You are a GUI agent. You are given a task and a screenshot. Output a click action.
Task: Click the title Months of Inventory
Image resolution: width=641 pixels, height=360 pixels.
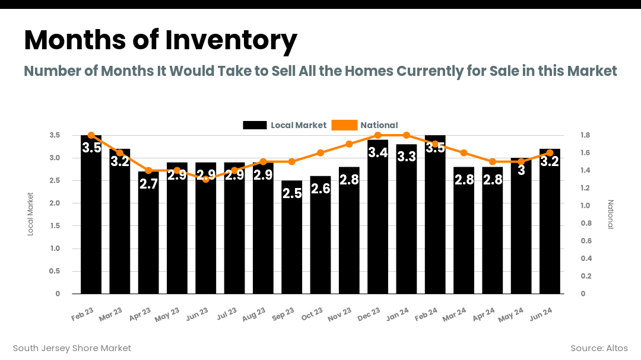(160, 40)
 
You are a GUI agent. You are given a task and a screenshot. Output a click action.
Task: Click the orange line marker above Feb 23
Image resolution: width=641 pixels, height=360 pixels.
(91, 135)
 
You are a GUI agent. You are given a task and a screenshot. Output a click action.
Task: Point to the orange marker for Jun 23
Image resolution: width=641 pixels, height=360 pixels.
(206, 179)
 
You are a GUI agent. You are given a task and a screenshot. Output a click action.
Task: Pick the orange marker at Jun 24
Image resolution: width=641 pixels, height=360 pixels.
(550, 153)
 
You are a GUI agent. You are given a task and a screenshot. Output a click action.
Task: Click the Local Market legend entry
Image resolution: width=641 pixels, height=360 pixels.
(285, 125)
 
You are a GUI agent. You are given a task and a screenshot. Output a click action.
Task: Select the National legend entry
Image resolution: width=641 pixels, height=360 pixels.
(365, 125)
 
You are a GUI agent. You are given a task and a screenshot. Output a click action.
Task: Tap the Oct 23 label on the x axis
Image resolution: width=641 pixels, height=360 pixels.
(312, 314)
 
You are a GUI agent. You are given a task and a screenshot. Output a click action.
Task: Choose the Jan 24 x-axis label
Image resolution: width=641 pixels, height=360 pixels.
(398, 314)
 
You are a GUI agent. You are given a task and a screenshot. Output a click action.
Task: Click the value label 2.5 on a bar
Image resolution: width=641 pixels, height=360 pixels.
(292, 193)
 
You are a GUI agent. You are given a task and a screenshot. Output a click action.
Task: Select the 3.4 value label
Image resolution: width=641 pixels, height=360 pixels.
(378, 152)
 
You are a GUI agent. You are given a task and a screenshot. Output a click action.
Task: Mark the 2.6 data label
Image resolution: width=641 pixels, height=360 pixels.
(320, 189)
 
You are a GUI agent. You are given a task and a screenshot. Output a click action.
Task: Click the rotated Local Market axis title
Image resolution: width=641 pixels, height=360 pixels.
(31, 214)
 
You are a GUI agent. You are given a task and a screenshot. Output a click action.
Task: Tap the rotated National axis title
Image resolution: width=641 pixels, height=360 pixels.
(610, 214)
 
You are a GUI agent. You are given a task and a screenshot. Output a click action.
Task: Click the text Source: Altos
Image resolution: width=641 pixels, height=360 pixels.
(599, 348)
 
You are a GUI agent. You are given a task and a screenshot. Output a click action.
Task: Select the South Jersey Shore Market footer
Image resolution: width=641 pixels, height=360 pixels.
(72, 348)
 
